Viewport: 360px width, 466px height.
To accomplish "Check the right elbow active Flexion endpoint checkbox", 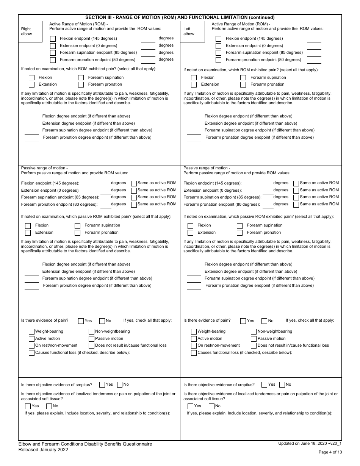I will (53, 39).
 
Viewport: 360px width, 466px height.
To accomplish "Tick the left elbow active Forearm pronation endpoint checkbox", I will (218, 60).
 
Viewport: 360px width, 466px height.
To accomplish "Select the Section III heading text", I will (180, 17).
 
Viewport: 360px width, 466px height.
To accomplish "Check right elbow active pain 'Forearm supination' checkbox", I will (81, 78).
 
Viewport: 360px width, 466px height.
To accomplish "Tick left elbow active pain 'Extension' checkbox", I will (194, 85).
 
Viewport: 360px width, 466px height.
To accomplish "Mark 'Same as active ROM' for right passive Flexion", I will (134, 183).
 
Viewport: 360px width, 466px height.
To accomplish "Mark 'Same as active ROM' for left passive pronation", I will (296, 205).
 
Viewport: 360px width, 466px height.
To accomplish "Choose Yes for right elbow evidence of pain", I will (81, 321).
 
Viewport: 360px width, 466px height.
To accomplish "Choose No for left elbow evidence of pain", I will (264, 321).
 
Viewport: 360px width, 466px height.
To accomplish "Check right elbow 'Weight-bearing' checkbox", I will (32, 332).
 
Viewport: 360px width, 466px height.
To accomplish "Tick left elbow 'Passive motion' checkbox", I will (254, 339).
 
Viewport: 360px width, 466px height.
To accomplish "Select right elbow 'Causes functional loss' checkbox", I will (32, 353).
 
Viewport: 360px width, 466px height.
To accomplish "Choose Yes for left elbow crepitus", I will (264, 385).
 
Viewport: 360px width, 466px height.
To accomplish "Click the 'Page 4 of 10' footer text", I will (330, 452).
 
